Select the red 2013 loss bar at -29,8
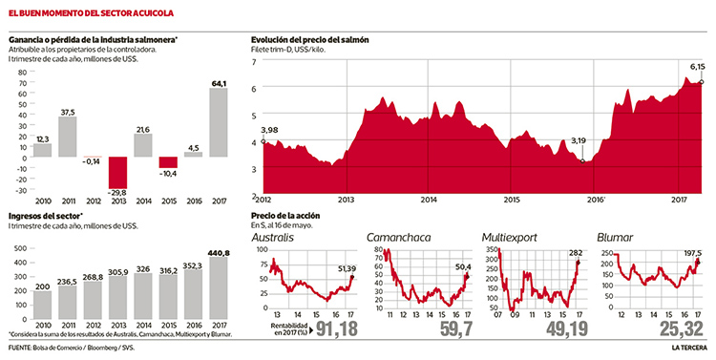point(117,173)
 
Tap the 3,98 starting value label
point(270,130)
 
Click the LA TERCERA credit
point(687,348)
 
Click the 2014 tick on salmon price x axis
point(428,200)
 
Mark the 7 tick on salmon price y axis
point(254,62)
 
